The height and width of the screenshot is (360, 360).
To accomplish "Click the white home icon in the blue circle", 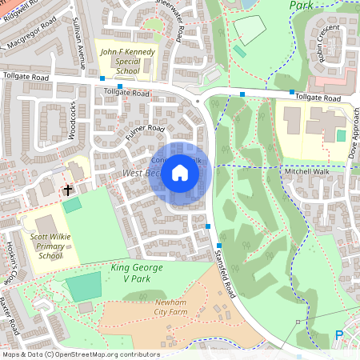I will click(180, 173).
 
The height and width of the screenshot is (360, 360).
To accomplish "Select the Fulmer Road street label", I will click(145, 131).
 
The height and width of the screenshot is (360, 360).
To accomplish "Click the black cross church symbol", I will click(68, 190).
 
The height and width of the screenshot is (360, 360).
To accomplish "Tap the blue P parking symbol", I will click(338, 336).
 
